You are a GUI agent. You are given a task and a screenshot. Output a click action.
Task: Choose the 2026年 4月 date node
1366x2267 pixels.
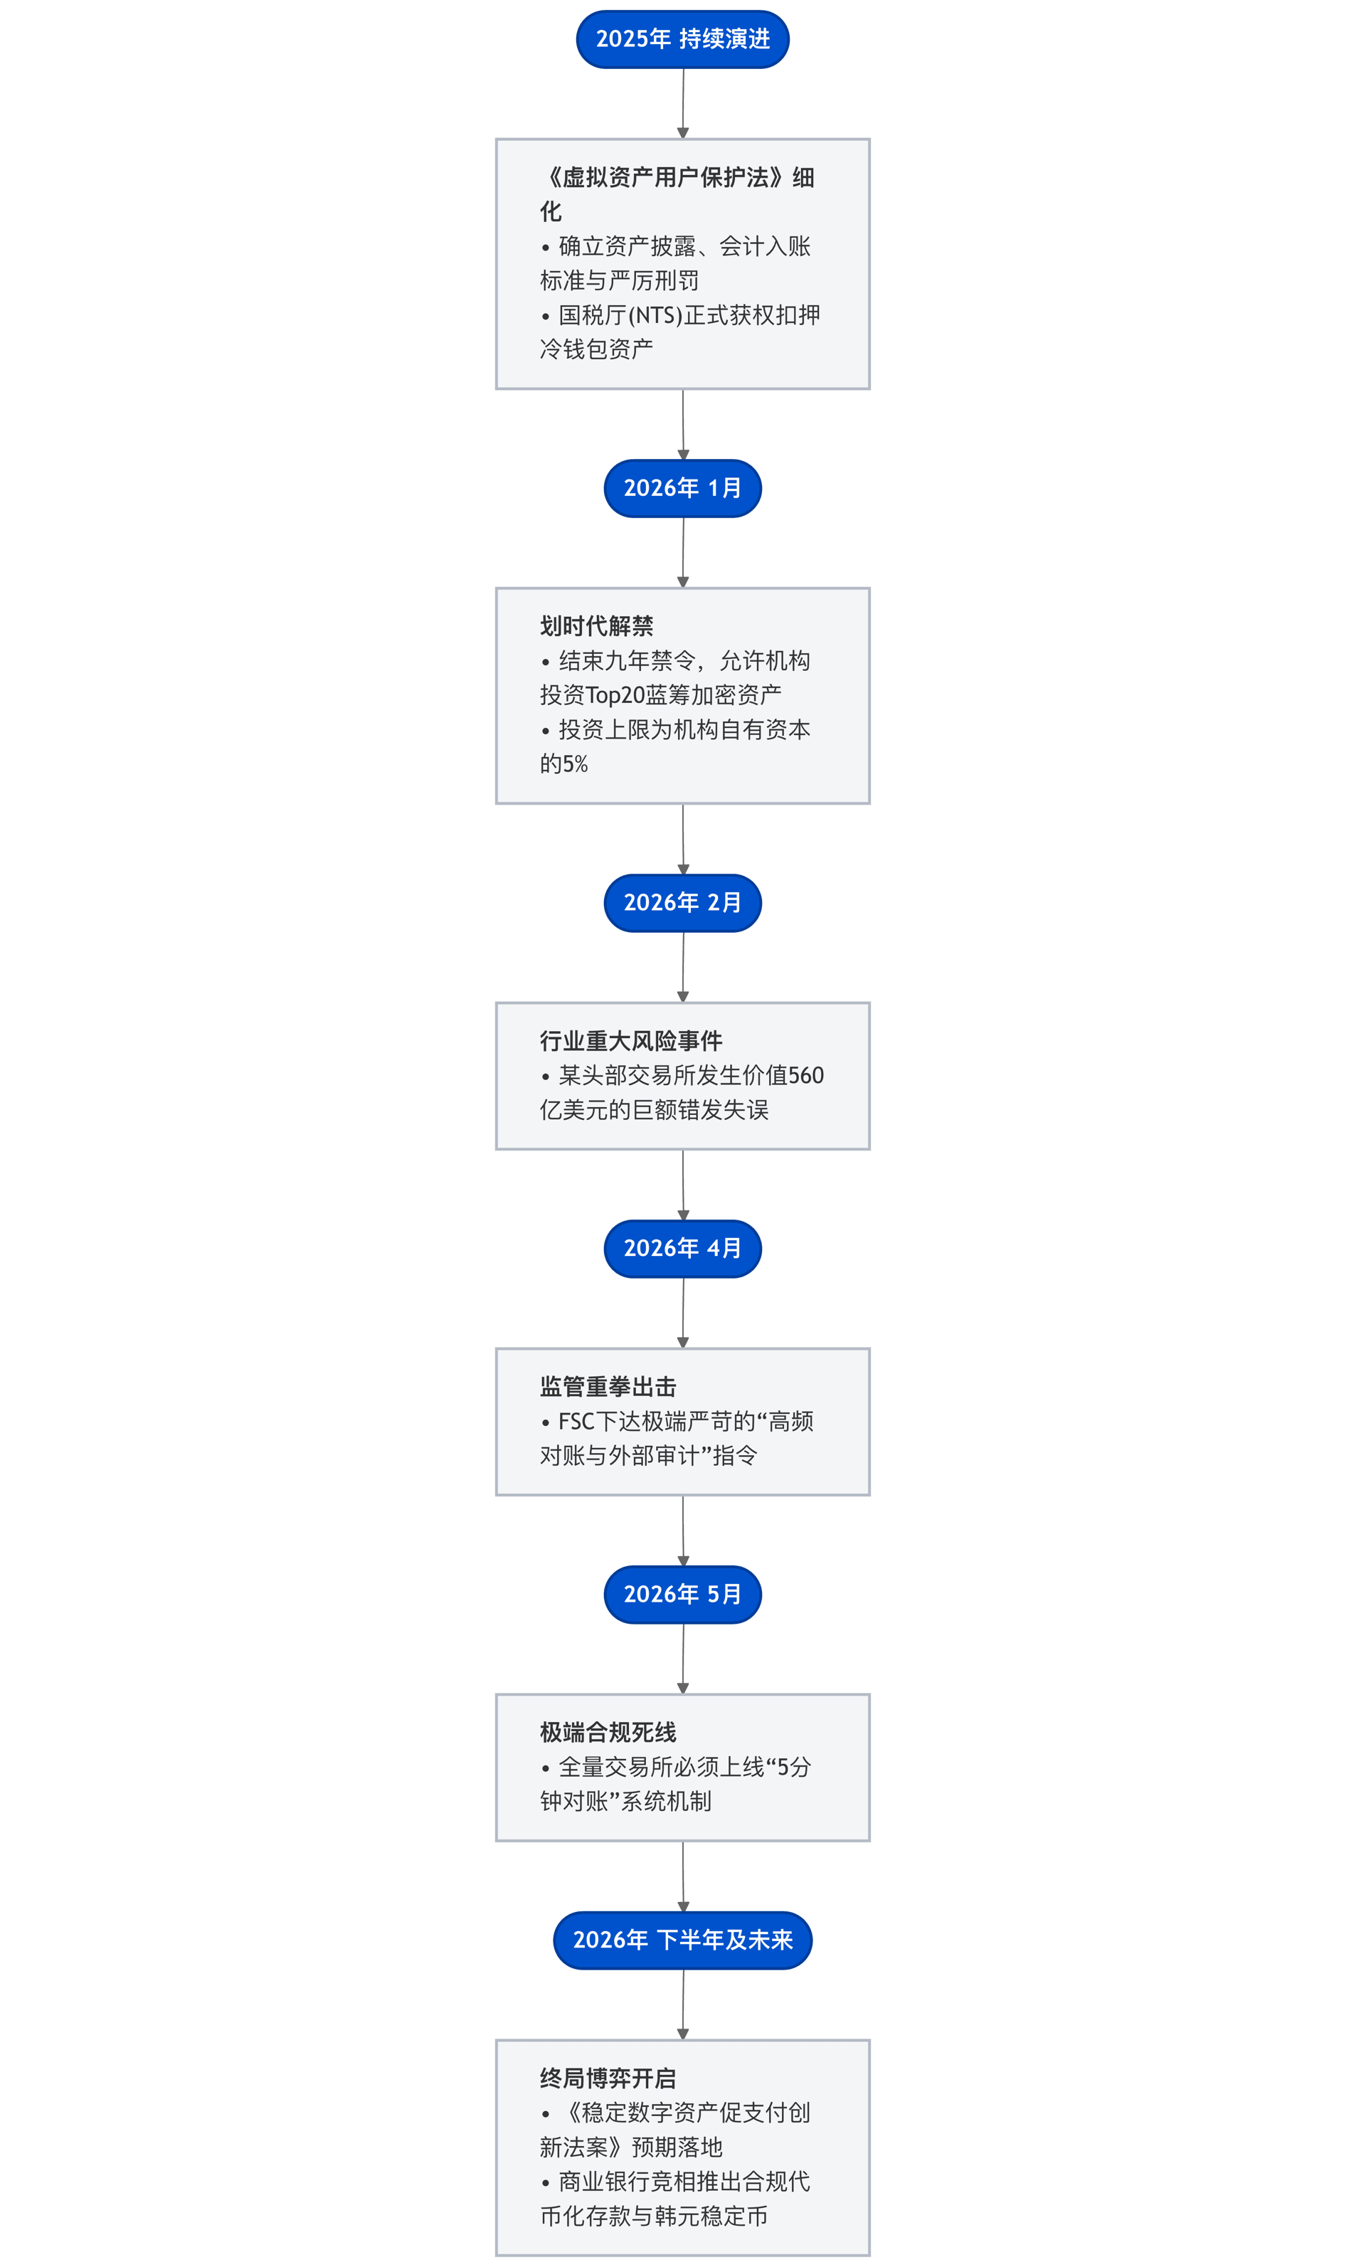coord(682,1249)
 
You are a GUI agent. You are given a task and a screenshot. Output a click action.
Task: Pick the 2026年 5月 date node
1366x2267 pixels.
coord(682,1595)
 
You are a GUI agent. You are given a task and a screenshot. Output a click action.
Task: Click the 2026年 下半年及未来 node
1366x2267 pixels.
coord(682,1940)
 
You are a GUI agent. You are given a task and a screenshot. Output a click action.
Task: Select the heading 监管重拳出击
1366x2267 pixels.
coord(608,1387)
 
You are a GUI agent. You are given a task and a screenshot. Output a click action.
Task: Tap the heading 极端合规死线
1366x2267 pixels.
coord(608,1733)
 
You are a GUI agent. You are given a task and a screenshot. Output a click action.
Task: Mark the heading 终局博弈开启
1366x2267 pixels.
coord(608,2078)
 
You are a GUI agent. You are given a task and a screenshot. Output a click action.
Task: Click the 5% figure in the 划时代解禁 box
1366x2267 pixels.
coord(575,763)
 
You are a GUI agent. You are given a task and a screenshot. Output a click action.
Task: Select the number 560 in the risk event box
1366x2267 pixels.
coord(806,1076)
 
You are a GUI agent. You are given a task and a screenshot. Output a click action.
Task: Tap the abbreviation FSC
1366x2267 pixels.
coord(577,1422)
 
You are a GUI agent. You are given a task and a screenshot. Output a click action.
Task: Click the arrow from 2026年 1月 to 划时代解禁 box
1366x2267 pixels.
coord(682,552)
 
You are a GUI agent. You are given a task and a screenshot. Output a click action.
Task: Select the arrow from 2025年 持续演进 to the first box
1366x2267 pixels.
coord(682,103)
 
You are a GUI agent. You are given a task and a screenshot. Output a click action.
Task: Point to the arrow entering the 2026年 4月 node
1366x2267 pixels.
coord(682,1185)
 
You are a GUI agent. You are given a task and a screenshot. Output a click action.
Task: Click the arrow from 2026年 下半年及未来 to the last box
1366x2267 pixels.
coord(682,2004)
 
